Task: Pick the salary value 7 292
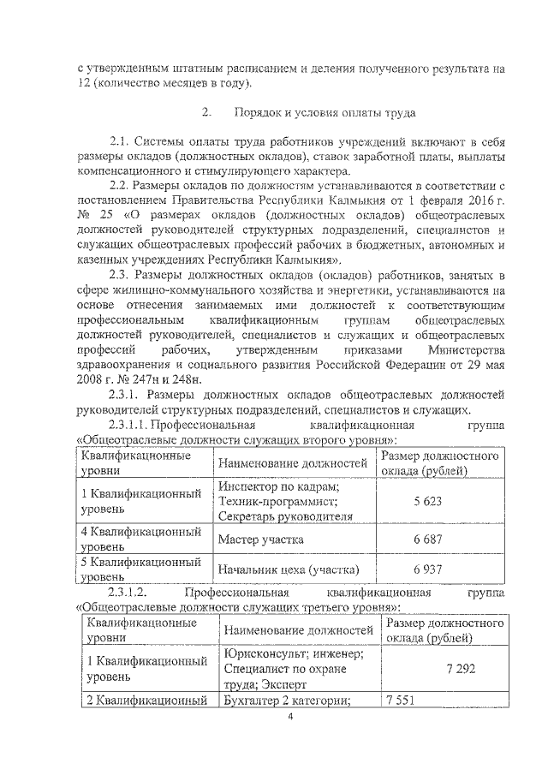coord(459,669)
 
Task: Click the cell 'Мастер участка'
coord(260,540)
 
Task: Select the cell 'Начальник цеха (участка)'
coord(289,569)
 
